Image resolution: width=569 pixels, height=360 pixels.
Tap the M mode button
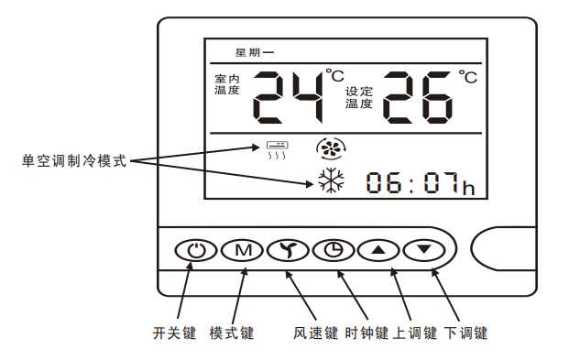click(243, 250)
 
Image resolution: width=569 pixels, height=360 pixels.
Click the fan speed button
click(288, 250)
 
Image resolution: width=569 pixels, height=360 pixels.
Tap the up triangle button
click(378, 250)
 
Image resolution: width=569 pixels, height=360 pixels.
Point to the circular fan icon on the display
click(327, 147)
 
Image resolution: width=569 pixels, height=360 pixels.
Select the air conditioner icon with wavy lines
click(277, 149)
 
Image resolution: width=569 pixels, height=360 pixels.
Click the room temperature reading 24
click(288, 96)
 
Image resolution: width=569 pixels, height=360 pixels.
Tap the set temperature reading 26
click(418, 96)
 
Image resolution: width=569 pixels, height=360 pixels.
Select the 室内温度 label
click(226, 84)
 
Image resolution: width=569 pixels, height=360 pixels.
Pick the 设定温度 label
click(359, 98)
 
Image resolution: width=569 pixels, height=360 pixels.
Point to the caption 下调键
click(465, 333)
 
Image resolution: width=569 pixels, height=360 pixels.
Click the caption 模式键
click(231, 333)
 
